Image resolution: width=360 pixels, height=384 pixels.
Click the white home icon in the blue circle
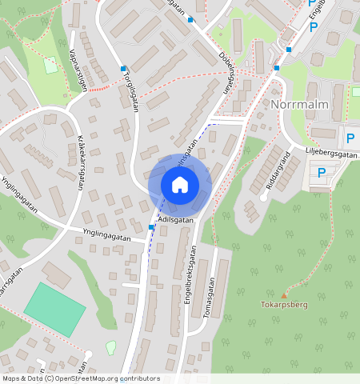click(180, 185)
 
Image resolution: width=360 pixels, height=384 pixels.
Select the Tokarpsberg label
click(283, 305)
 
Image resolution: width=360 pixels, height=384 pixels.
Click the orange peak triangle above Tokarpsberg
click(283, 295)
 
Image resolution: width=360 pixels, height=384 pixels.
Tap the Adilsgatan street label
click(176, 219)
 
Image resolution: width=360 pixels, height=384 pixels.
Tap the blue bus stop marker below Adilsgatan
click(151, 228)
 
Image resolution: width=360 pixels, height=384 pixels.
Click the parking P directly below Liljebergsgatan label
click(322, 172)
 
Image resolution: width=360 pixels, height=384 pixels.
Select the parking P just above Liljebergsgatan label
click(350, 136)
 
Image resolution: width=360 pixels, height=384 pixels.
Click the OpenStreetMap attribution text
click(80, 378)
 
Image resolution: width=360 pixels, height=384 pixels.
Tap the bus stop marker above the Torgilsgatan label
click(123, 69)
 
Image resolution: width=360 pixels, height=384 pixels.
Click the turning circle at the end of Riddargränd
click(263, 196)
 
